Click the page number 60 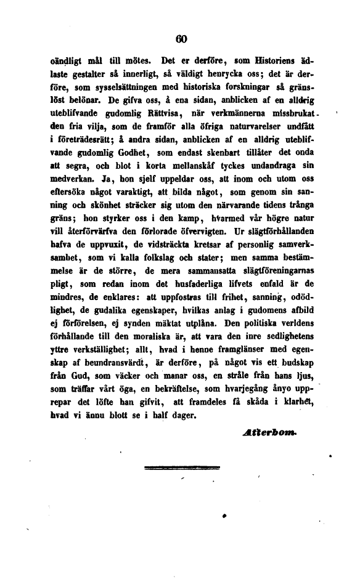[181, 39]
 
